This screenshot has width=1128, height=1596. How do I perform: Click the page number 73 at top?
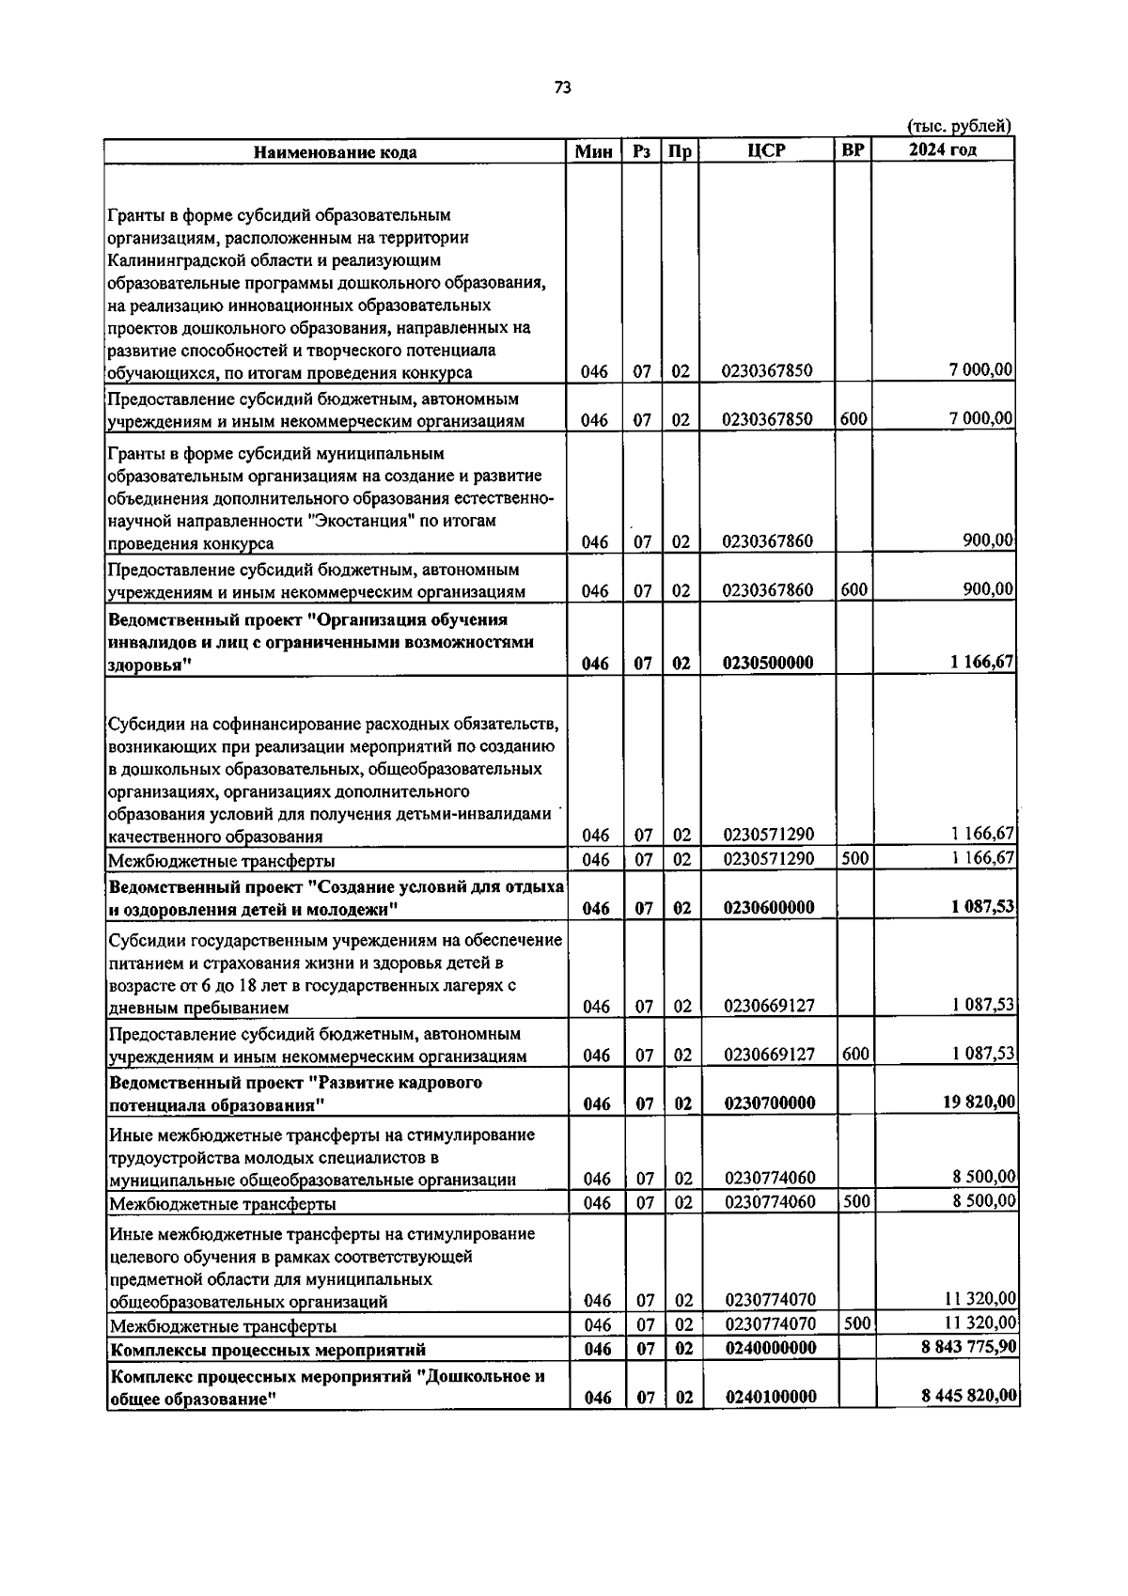[562, 87]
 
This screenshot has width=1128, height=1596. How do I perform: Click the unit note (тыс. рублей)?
[958, 126]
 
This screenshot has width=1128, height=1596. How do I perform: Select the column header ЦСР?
[766, 150]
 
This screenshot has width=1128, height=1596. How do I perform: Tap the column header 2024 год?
[942, 150]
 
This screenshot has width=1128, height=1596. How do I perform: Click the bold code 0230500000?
[768, 663]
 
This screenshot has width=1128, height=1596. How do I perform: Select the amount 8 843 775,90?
[967, 1347]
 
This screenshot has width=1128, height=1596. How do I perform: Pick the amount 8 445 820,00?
[969, 1396]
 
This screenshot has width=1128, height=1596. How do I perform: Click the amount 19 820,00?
[979, 1102]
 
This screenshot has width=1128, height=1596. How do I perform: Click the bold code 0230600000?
[768, 908]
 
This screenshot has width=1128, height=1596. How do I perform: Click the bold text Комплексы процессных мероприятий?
[268, 1349]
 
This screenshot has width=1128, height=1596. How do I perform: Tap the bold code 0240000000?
[770, 1348]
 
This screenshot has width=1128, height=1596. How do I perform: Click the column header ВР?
[853, 149]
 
